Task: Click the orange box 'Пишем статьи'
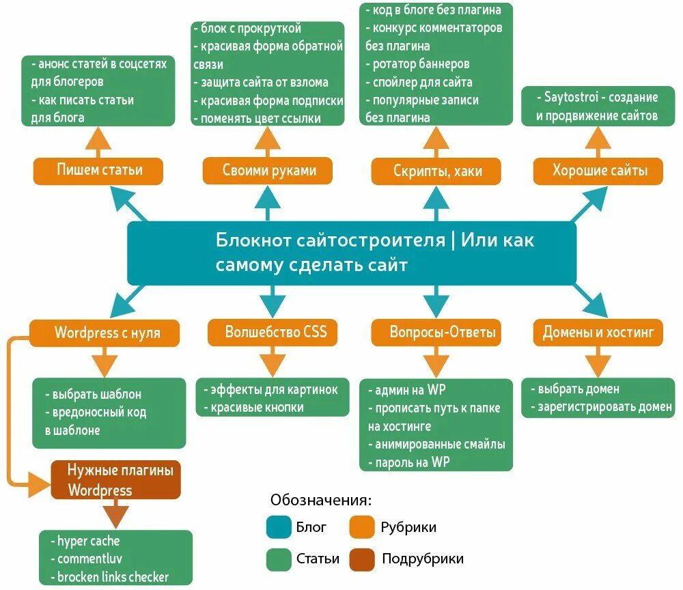click(x=98, y=171)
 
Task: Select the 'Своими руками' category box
click(x=268, y=171)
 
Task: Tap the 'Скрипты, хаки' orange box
click(x=436, y=171)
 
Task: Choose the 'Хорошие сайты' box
click(x=598, y=171)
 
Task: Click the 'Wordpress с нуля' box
click(x=104, y=333)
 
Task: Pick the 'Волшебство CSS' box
click(x=273, y=333)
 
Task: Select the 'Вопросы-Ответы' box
click(x=436, y=333)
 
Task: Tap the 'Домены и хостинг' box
click(x=598, y=333)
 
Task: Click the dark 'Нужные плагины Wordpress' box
click(x=116, y=480)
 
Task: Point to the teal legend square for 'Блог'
click(x=279, y=527)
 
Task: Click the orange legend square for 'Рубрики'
click(x=362, y=527)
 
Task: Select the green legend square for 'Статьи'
click(x=279, y=559)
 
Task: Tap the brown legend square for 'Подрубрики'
click(x=362, y=559)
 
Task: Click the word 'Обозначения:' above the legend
click(x=321, y=500)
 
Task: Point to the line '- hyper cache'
click(x=85, y=541)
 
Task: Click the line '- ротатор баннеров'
click(x=417, y=64)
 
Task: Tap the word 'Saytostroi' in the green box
click(x=571, y=97)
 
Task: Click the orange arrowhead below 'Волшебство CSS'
click(x=273, y=365)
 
